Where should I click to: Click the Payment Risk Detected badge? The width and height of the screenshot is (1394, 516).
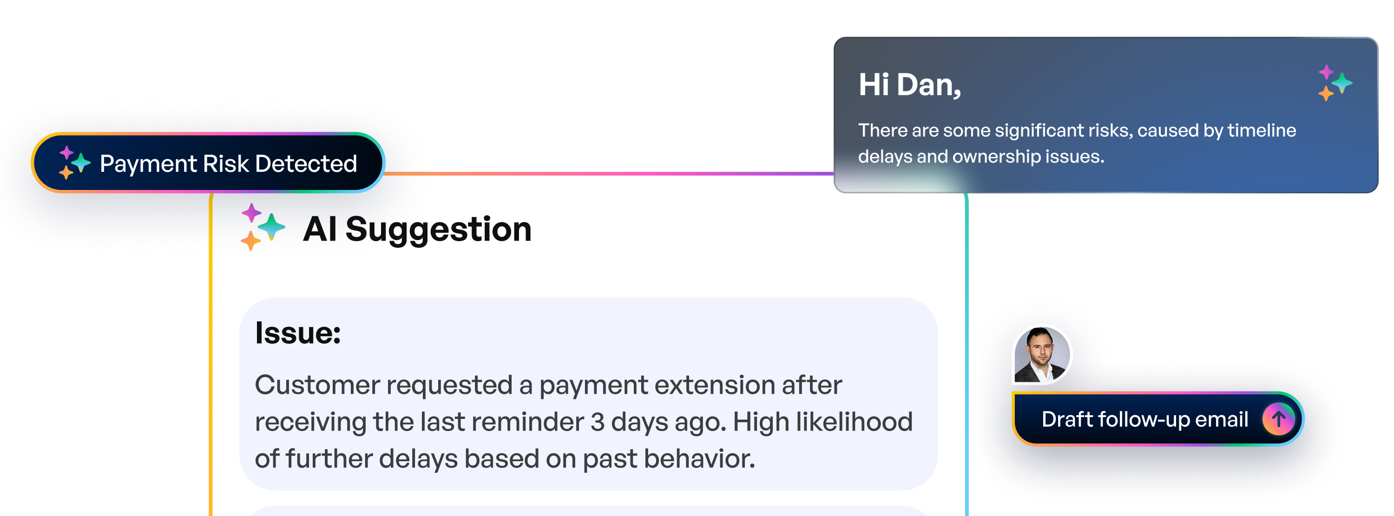point(208,163)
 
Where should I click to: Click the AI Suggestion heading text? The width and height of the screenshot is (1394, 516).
point(417,229)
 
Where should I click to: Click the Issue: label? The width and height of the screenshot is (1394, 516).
point(298,333)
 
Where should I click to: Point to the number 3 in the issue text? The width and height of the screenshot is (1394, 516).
point(597,422)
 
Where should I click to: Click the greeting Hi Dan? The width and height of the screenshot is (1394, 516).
point(909,85)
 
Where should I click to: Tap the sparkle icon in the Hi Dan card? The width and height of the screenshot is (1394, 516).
point(1335,83)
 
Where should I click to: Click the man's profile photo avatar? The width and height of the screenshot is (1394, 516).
point(1041,354)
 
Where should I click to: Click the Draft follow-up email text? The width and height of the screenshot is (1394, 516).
point(1144,419)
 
